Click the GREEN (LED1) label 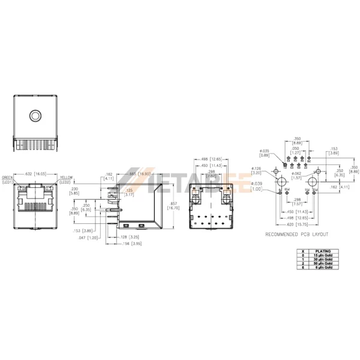click(8, 179)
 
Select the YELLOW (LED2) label click(65, 179)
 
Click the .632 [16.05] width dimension click(37, 174)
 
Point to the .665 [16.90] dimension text click(140, 174)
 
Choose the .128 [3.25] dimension click(130, 237)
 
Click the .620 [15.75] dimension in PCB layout click(295, 224)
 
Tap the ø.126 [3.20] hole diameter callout click(256, 170)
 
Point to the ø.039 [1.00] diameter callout click(256, 185)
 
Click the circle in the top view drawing click(37, 115)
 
